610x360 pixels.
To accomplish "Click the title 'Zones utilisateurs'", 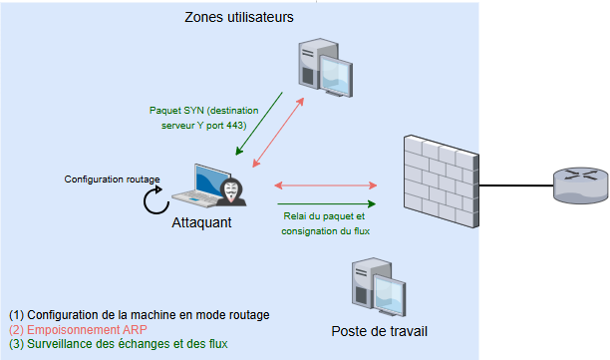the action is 239,17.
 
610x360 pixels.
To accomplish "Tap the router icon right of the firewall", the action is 580,185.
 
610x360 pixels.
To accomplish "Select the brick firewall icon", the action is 442,180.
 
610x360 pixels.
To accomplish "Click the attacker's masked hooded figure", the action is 231,191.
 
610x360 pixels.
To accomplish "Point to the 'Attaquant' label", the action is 201,222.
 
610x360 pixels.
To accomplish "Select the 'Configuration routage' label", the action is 112,180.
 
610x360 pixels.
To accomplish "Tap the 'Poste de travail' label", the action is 380,331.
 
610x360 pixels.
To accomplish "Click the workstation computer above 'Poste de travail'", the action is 379,287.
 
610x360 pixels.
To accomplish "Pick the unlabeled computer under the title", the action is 326,68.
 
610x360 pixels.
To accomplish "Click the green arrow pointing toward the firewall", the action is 326,203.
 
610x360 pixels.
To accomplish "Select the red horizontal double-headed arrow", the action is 326,185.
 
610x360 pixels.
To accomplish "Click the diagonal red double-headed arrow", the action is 278,133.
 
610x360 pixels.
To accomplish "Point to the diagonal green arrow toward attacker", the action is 259,124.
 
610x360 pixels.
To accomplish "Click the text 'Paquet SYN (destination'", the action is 204,111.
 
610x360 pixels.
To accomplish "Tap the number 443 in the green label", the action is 234,126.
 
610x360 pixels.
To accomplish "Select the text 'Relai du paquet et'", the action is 324,216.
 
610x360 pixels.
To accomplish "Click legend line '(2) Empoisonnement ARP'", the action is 78,330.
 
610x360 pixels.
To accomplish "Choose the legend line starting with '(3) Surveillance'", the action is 119,344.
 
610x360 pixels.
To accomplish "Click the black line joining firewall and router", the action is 516,185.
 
